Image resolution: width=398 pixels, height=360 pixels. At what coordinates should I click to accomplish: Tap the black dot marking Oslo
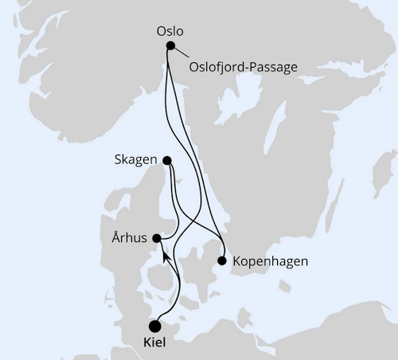click(x=170, y=46)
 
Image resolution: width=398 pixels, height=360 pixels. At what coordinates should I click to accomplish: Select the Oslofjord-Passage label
click(x=243, y=67)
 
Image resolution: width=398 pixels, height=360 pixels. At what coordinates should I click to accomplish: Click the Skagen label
click(x=136, y=159)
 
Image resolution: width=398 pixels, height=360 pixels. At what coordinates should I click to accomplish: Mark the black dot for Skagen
click(x=167, y=160)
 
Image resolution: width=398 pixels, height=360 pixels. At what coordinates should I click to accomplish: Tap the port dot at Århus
click(x=158, y=238)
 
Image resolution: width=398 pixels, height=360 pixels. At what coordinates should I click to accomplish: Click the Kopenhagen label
click(x=270, y=260)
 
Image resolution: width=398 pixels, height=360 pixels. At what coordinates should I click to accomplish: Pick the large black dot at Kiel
click(x=154, y=325)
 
